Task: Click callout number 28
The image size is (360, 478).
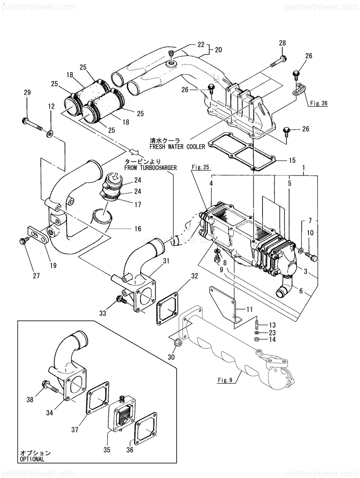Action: [x=282, y=43]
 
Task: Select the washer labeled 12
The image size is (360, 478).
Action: [x=50, y=133]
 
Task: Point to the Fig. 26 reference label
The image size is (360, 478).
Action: [x=319, y=103]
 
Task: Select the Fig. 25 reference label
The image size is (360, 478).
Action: [x=200, y=167]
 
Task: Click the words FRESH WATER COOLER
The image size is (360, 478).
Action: [x=177, y=146]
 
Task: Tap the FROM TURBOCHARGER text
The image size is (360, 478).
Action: [x=150, y=168]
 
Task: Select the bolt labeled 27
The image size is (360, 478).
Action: [x=24, y=242]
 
